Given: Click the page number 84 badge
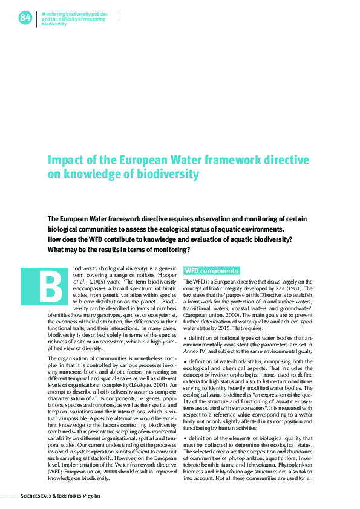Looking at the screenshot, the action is [x=25, y=18].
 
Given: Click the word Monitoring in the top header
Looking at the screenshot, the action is [x=54, y=13].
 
